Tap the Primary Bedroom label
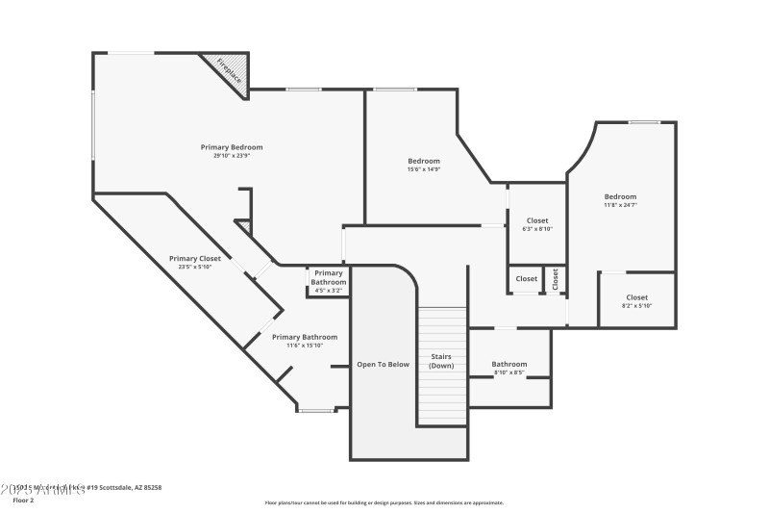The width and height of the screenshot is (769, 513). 232,147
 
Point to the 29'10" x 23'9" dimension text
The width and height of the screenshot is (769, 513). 232,156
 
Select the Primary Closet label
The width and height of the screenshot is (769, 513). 195,258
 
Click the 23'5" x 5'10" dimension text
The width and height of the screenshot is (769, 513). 195,267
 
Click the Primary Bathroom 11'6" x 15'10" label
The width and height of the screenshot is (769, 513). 305,341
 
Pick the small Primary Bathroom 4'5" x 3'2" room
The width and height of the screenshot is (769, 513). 328,281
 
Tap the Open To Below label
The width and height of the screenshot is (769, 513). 384,365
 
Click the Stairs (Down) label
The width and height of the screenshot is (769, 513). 442,361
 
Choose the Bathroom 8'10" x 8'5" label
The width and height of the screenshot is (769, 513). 509,368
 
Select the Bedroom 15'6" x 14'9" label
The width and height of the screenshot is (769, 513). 424,165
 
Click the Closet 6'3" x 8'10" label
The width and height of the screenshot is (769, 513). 536,224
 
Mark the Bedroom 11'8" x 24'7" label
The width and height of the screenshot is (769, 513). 620,200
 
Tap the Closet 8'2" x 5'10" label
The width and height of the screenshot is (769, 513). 636,301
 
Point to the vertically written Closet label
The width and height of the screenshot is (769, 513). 556,279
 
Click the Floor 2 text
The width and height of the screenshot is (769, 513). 23,500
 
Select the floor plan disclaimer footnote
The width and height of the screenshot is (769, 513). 384,502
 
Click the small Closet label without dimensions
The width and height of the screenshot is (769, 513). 527,279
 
